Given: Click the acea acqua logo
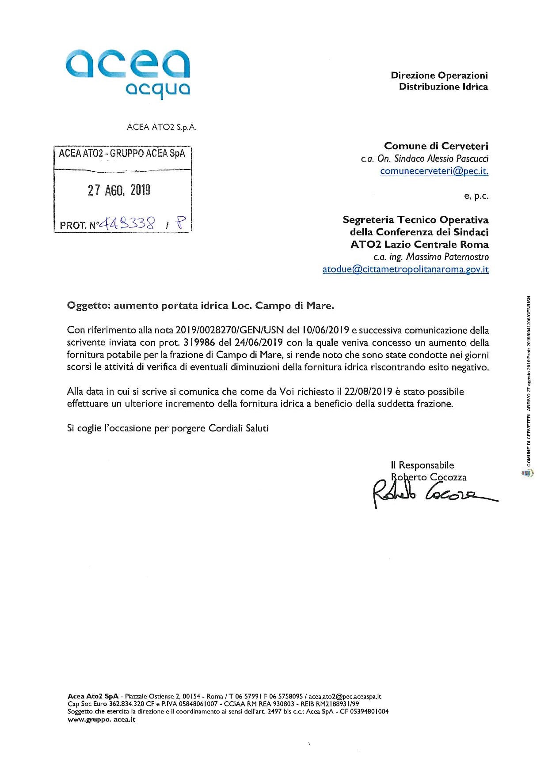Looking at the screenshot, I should pyautogui.click(x=128, y=73).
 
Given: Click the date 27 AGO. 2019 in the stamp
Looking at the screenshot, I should pyautogui.click(x=119, y=190).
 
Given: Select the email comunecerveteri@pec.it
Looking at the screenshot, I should pyautogui.click(x=434, y=171).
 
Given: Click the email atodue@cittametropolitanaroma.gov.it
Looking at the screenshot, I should pyautogui.click(x=405, y=269).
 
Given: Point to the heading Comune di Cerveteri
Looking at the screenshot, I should pyautogui.click(x=436, y=146).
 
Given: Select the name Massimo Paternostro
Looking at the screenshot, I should pyautogui.click(x=447, y=257).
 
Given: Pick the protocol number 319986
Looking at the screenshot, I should pyautogui.click(x=198, y=343).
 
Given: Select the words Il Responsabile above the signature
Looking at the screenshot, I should pyautogui.click(x=422, y=465).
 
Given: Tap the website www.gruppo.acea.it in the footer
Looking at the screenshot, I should pyautogui.click(x=101, y=720).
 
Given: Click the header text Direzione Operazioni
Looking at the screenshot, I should pyautogui.click(x=439, y=75).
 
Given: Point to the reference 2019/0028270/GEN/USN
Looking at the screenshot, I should pyautogui.click(x=230, y=330).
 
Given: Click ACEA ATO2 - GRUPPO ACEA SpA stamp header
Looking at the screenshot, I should pyautogui.click(x=122, y=153).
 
